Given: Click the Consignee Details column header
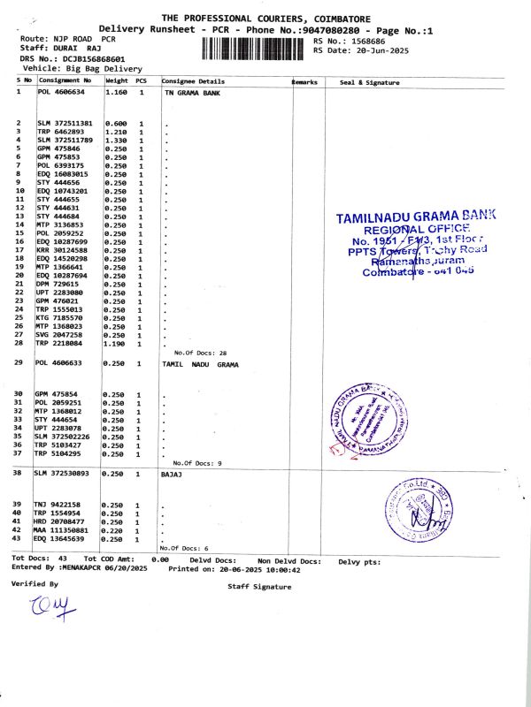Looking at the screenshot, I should [194, 82].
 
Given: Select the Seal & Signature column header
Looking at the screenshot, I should [369, 82].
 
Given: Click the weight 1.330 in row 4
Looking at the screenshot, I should [117, 140].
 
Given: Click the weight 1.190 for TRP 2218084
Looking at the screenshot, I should [117, 343].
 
